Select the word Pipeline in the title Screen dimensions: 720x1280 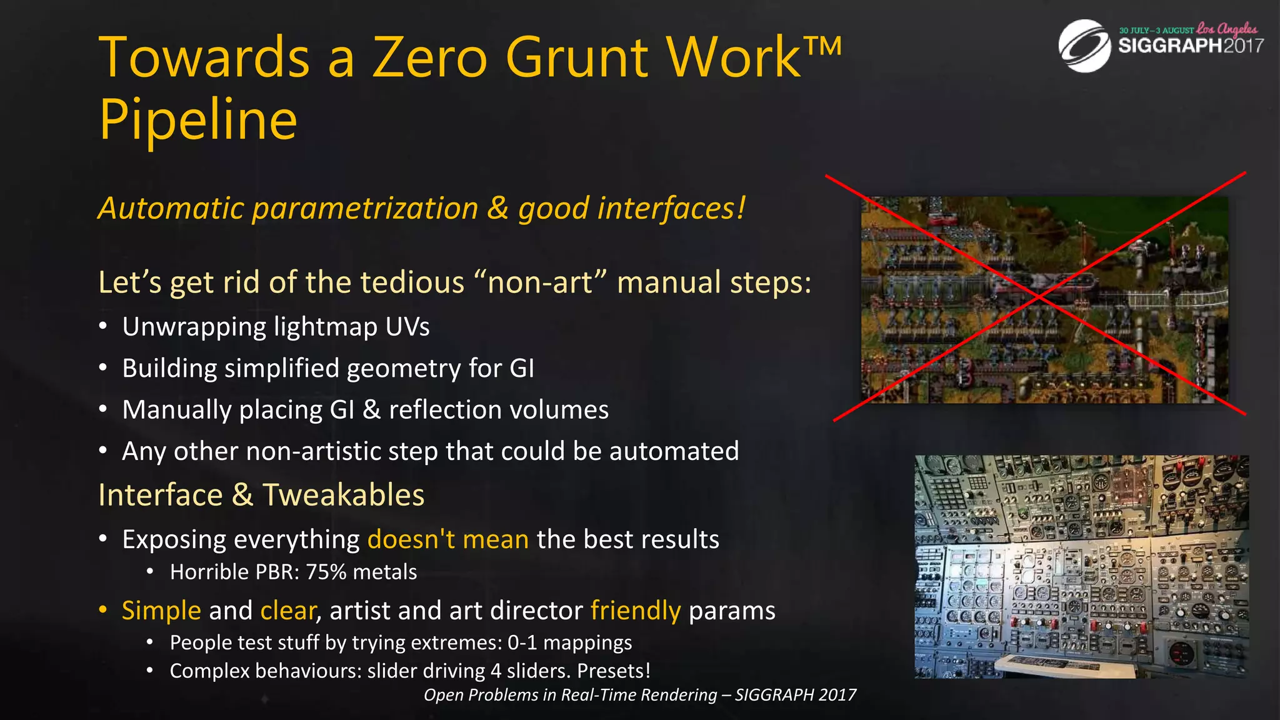point(198,120)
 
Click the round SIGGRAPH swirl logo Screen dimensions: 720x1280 point(1084,46)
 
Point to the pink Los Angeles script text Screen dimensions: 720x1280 point(1227,29)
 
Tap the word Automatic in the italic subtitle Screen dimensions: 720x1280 point(171,208)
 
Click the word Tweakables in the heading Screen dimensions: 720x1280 point(343,495)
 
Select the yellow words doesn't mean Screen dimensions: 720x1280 point(448,539)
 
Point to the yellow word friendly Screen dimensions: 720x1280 point(635,611)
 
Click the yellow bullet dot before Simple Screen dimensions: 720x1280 point(103,609)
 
